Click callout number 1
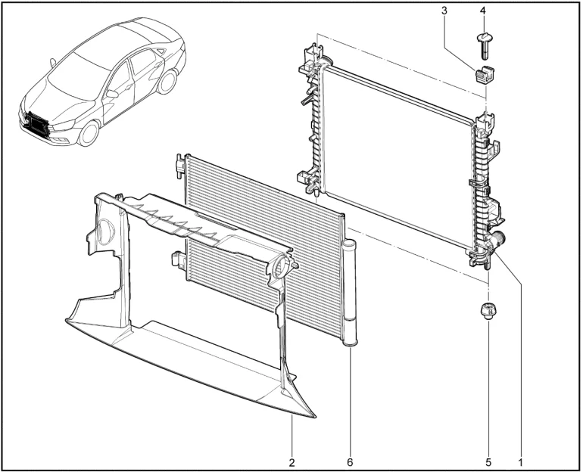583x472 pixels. click(x=521, y=462)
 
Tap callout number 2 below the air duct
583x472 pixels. click(x=291, y=462)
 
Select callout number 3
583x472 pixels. click(x=444, y=11)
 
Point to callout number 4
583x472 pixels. click(x=482, y=11)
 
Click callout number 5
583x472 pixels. click(x=488, y=462)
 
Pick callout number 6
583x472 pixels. click(x=350, y=462)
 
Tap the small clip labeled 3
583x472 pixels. click(x=482, y=76)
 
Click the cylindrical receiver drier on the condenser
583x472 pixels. click(x=350, y=293)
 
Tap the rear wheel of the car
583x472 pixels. click(x=167, y=82)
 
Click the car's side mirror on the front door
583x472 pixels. click(x=111, y=94)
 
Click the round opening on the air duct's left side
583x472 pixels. click(x=105, y=231)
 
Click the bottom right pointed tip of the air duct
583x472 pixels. click(x=315, y=418)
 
